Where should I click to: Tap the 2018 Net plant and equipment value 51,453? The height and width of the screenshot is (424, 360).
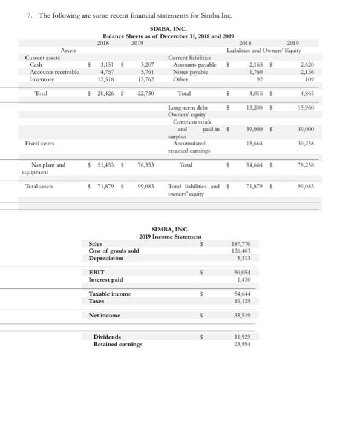coord(107,164)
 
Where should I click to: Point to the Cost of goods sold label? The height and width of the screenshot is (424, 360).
coord(114,251)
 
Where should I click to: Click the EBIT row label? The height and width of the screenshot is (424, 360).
coord(97,273)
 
